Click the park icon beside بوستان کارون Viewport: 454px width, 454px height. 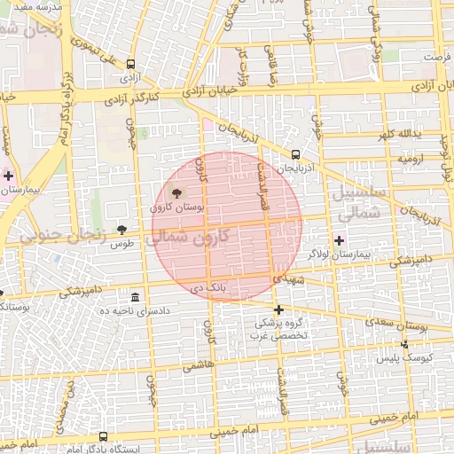(176, 192)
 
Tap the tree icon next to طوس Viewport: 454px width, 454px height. (121, 230)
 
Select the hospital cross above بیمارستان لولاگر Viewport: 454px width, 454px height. (339, 240)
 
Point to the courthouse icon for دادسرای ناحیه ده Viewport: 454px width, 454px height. (135, 297)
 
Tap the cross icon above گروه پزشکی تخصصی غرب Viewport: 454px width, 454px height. (278, 309)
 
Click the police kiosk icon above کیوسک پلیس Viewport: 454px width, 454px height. (405, 343)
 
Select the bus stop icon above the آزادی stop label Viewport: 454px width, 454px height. (131, 64)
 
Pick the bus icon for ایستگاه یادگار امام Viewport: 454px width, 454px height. (104, 436)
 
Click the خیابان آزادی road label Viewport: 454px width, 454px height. (212, 90)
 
